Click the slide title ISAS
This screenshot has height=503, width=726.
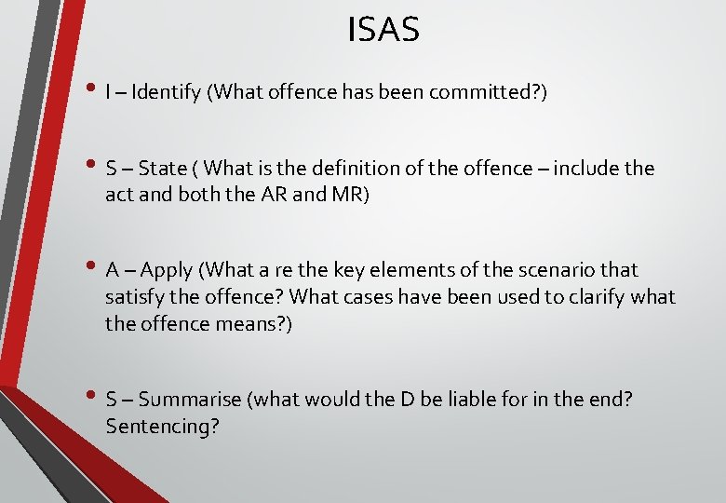coord(383,30)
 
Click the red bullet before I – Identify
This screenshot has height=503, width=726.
coord(93,90)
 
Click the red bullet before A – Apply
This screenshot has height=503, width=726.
coord(93,269)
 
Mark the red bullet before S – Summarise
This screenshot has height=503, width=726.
coord(93,398)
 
